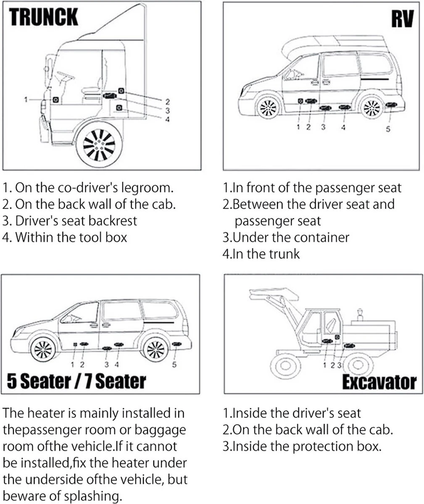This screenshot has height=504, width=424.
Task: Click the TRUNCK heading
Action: point(43,17)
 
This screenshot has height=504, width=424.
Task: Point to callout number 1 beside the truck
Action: point(26,100)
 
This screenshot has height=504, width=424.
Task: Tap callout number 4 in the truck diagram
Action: point(167,119)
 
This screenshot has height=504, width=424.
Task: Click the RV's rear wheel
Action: point(372,108)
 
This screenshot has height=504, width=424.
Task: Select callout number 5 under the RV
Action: point(388,129)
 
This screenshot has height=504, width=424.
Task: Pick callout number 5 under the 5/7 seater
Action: point(174,365)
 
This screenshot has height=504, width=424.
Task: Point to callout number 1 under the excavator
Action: point(325,365)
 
